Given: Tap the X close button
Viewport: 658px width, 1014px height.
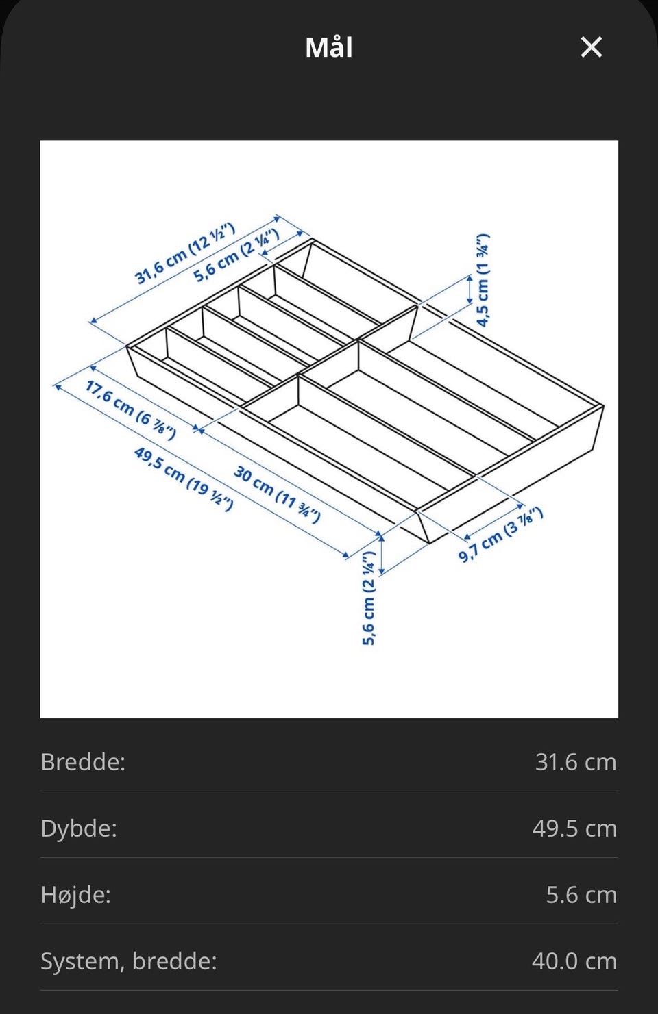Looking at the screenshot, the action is tap(592, 47).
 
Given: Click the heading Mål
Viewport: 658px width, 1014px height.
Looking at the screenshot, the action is tap(329, 47).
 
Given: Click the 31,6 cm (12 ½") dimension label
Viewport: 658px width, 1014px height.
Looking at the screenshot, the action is tap(185, 253).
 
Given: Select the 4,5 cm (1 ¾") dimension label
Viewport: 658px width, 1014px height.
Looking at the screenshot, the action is tap(483, 280).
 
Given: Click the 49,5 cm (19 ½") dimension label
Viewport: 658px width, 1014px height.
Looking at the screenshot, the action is tap(184, 479).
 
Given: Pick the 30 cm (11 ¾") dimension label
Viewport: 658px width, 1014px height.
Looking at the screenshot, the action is tap(277, 494).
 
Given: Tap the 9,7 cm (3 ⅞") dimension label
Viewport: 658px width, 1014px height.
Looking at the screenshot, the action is tap(501, 535).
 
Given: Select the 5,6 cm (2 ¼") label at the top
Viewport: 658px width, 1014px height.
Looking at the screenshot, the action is tap(236, 255).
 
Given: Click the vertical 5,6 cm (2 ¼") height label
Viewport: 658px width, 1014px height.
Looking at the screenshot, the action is tap(369, 598).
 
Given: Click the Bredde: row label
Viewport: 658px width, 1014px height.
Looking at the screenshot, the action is tap(83, 762).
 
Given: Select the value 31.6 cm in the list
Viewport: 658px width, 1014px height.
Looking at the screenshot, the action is tap(576, 762).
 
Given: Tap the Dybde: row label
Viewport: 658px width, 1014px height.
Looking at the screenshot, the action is tap(79, 828).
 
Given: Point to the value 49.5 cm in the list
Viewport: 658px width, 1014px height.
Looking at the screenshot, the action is tap(574, 828).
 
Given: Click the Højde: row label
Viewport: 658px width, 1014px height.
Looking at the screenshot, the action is tap(75, 894).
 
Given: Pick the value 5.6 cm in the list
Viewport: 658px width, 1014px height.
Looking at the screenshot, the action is tap(581, 895).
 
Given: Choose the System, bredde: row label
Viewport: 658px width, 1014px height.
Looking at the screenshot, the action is tap(129, 961).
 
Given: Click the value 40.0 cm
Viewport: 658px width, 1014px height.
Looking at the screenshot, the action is tap(574, 961).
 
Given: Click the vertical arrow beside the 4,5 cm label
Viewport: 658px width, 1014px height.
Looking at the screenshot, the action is tap(470, 289).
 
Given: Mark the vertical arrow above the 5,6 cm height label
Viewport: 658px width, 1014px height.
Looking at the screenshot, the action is tap(382, 555).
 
